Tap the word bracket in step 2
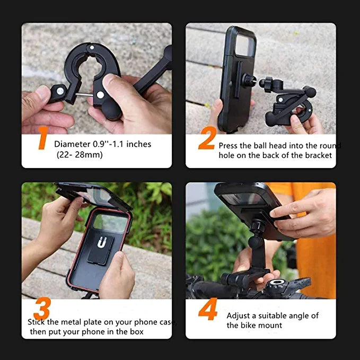[318, 155]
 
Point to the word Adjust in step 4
[239, 316]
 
